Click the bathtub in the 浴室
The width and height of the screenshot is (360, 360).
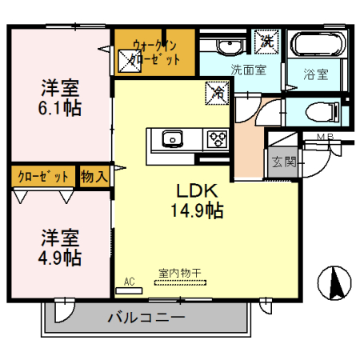click(x=318, y=44)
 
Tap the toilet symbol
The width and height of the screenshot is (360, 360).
click(x=322, y=113)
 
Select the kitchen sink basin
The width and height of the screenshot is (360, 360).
click(x=173, y=138)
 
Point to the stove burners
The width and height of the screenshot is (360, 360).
click(x=218, y=138)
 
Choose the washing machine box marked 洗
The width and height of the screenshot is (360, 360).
click(x=266, y=41)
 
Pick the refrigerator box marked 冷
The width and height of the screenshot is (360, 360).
click(x=218, y=93)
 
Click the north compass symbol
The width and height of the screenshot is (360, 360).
click(x=334, y=283)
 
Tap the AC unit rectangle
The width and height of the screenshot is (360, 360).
click(x=129, y=290)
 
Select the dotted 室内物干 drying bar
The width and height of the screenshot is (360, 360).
click(x=180, y=282)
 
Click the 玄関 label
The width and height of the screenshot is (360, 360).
click(x=284, y=162)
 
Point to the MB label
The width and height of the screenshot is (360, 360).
click(x=325, y=137)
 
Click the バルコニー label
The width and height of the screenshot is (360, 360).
click(x=146, y=318)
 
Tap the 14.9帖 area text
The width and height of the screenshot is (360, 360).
click(x=197, y=210)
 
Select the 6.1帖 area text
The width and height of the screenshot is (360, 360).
click(x=60, y=108)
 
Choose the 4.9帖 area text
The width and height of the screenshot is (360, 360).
click(x=60, y=258)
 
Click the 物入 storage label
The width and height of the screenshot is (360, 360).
click(x=94, y=176)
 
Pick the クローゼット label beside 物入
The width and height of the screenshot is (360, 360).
click(x=43, y=177)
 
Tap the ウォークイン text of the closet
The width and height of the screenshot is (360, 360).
click(x=154, y=46)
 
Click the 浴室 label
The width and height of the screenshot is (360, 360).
click(x=316, y=74)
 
